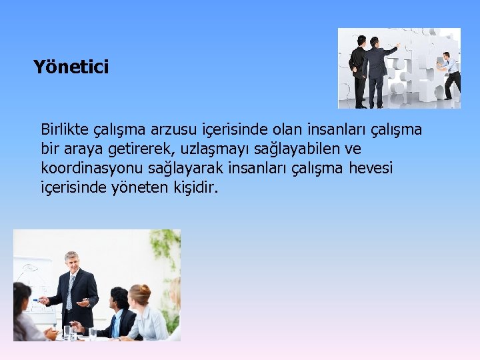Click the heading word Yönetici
pyautogui.click(x=71, y=67)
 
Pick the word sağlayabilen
pyautogui.click(x=297, y=148)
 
